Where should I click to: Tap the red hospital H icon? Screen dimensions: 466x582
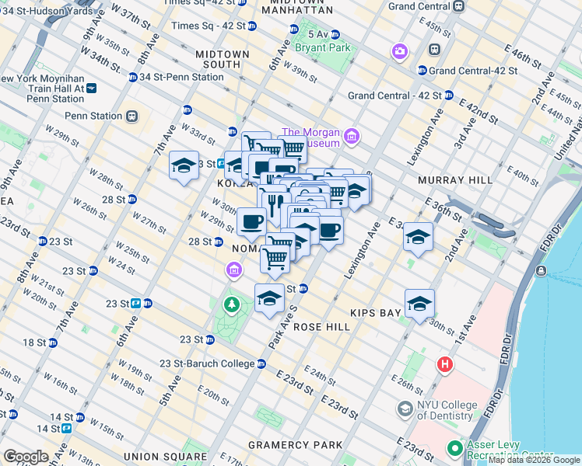pyautogui.click(x=445, y=364)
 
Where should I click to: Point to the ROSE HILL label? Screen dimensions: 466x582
pyautogui.click(x=321, y=327)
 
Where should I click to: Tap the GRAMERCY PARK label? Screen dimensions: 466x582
pyautogui.click(x=295, y=445)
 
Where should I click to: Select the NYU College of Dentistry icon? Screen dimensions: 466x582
pyautogui.click(x=405, y=408)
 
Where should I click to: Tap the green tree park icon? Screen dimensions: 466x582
pyautogui.click(x=231, y=304)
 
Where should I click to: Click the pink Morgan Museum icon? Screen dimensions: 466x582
pyautogui.click(x=351, y=137)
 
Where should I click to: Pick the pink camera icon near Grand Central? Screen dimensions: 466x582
pyautogui.click(x=400, y=51)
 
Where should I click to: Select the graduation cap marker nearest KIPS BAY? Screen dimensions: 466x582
pyautogui.click(x=419, y=303)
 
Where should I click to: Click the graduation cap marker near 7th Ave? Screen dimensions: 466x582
pyautogui.click(x=184, y=165)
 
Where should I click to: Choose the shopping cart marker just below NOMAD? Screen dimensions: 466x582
pyautogui.click(x=275, y=259)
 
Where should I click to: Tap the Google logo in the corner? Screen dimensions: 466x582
pyautogui.click(x=26, y=457)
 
